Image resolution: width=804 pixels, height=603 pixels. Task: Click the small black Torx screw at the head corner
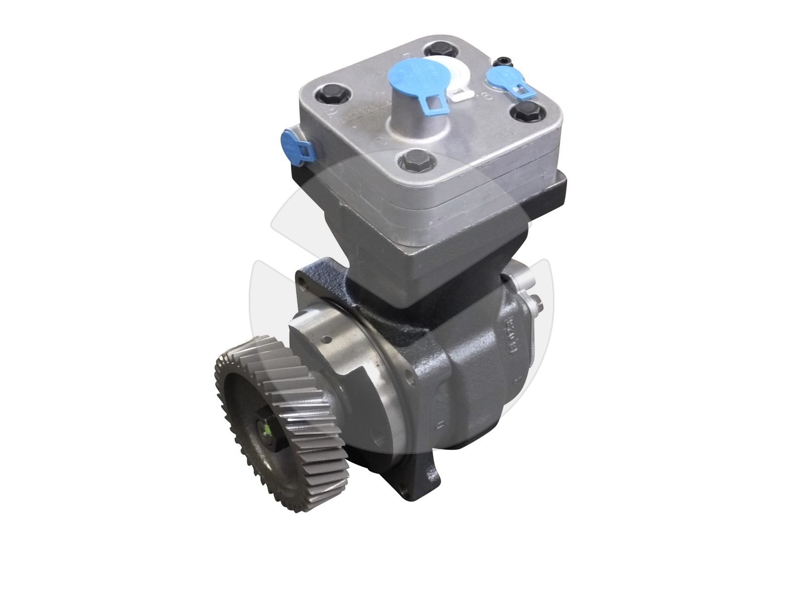(502, 61)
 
